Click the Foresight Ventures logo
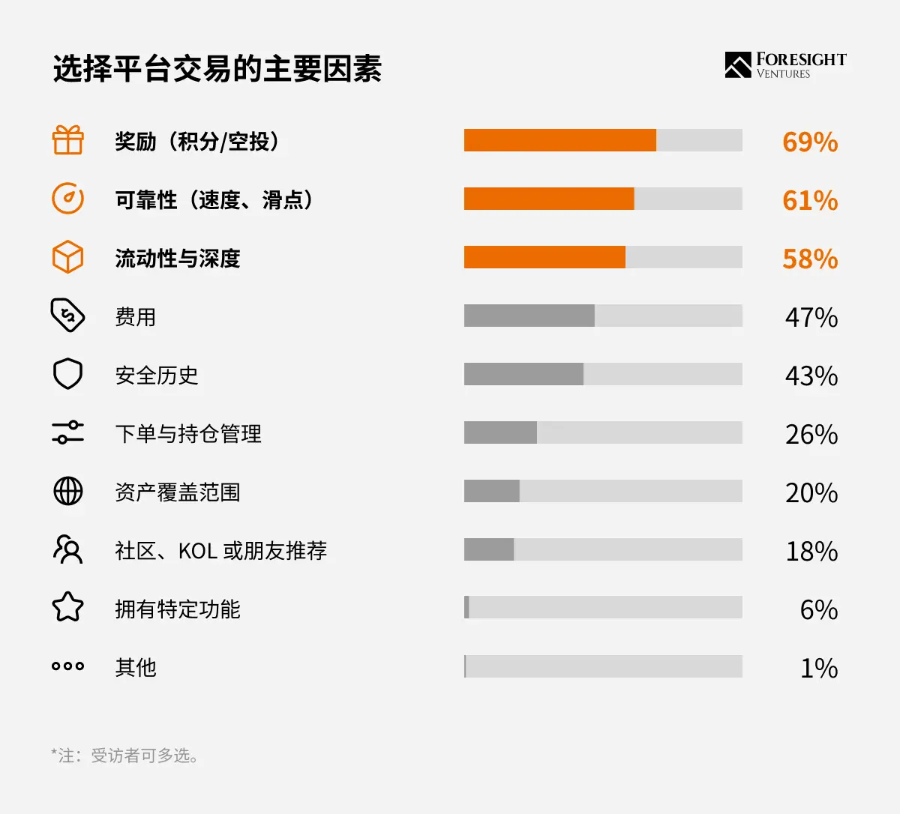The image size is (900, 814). tap(785, 65)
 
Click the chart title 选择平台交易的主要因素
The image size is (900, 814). tap(217, 69)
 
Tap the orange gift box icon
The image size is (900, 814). tap(67, 140)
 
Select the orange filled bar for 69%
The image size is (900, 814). tap(560, 140)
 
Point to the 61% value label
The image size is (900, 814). tap(810, 200)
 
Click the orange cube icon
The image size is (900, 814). tap(67, 257)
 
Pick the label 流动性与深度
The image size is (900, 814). tap(178, 259)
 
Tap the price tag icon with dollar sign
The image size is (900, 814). tap(67, 315)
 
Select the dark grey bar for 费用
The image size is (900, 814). tap(529, 316)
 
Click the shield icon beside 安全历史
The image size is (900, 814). tap(67, 373)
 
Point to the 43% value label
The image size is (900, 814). tap(811, 376)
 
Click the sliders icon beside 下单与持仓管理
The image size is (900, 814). tap(67, 432)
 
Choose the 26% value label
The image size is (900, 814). tap(811, 434)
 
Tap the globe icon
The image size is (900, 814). tap(67, 491)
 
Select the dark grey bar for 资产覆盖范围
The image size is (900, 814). tap(492, 491)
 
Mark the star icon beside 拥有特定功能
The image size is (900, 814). tap(67, 607)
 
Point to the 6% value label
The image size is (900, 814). tap(819, 610)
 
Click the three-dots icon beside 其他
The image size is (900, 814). tap(67, 666)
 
